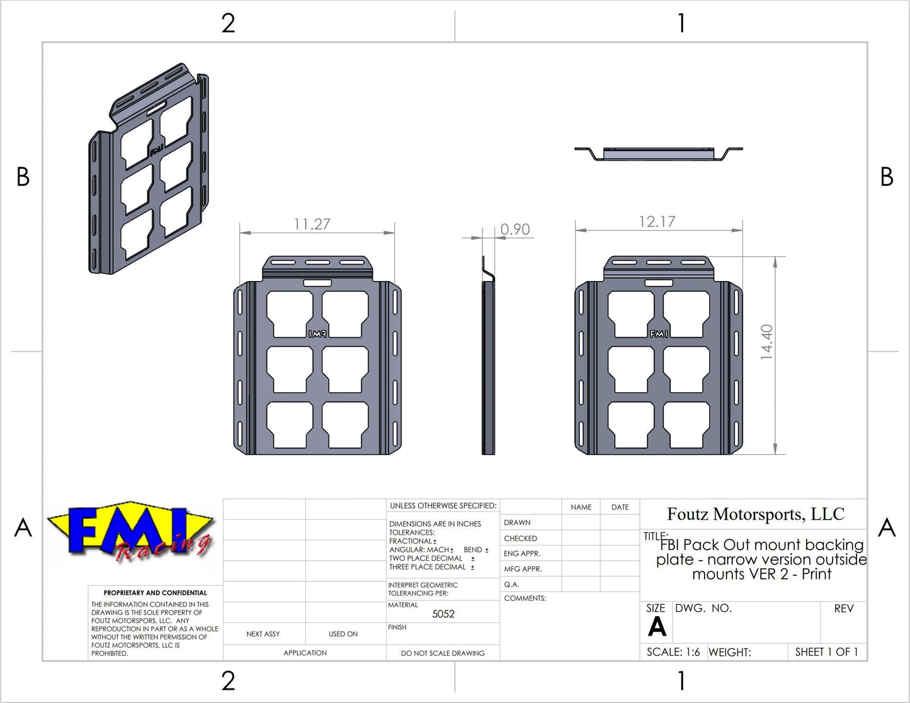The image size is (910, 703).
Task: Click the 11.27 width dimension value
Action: tap(312, 224)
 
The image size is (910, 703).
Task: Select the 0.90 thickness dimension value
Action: tap(515, 229)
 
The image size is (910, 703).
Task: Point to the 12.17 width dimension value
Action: tap(657, 222)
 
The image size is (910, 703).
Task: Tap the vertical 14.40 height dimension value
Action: tap(766, 342)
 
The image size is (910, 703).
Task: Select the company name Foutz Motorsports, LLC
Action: tap(755, 514)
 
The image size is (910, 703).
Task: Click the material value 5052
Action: tap(443, 614)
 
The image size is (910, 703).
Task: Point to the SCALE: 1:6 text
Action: tap(673, 652)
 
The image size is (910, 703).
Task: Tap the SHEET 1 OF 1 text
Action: tap(826, 652)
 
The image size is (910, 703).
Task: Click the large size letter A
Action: tap(657, 627)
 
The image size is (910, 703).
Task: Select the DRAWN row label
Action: tap(517, 522)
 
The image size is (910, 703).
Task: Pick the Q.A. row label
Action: tap(511, 585)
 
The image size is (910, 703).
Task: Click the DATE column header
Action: tap(620, 507)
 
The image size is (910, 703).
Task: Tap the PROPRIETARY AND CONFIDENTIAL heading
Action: tap(155, 593)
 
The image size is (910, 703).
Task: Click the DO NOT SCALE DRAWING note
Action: tap(443, 653)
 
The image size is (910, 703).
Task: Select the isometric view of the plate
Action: tap(149, 169)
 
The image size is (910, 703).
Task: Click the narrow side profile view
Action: tap(488, 356)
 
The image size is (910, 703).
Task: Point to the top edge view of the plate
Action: tap(659, 153)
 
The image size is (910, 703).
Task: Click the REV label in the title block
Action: tap(843, 609)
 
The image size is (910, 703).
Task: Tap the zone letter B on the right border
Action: tap(887, 177)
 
